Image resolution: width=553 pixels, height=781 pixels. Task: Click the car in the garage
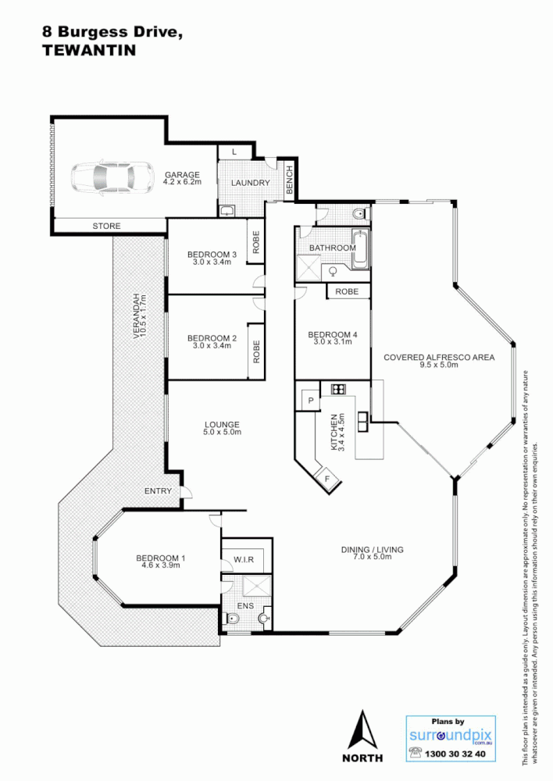coord(112,177)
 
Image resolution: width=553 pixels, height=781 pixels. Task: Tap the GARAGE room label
coord(182,175)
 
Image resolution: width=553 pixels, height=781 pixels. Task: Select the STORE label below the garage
coord(107,226)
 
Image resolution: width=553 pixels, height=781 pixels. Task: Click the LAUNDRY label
coord(250,184)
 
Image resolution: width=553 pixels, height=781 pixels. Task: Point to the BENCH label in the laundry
coord(288,180)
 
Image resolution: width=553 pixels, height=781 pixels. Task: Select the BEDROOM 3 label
coord(212,255)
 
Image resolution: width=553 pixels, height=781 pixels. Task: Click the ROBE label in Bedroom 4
coord(347,291)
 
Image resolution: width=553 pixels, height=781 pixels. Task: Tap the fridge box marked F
coord(327,479)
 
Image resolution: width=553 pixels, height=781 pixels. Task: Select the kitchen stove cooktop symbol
coord(338,388)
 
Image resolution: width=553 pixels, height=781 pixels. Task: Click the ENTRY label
coord(157,490)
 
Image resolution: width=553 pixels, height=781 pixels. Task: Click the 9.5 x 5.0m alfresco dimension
coord(439,366)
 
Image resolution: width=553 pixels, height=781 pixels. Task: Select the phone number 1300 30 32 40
coord(456,754)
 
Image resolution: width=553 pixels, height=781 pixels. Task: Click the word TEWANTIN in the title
coord(87,50)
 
